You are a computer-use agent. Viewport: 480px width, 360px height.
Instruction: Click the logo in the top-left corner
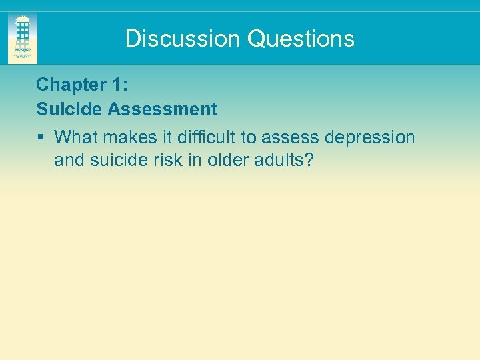(x=23, y=39)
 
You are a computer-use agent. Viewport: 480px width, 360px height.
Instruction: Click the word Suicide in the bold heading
(x=65, y=109)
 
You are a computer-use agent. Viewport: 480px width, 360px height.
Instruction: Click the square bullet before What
(x=41, y=137)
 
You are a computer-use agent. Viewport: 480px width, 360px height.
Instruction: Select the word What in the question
(x=74, y=137)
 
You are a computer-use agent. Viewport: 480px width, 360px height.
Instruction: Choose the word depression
(x=370, y=137)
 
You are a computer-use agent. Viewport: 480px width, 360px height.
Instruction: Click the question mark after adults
(x=309, y=160)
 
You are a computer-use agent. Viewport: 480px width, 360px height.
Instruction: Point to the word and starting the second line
(x=67, y=160)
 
